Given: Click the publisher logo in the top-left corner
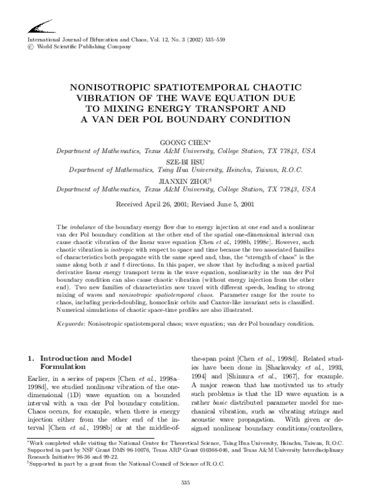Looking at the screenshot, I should [x=40, y=28].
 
